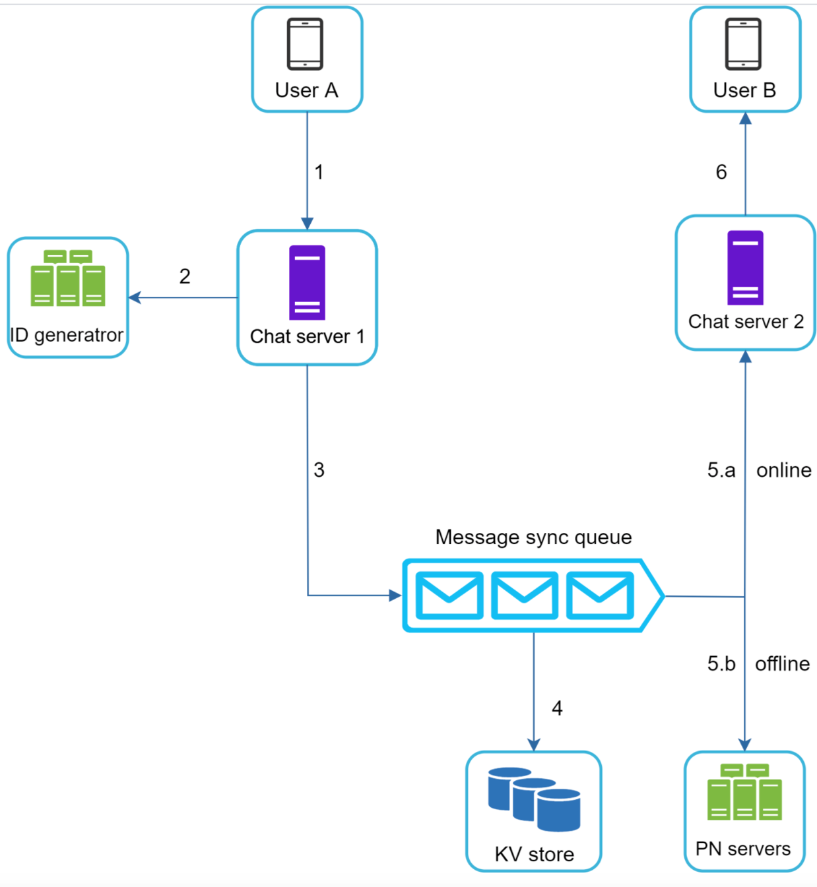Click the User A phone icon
pyautogui.click(x=305, y=44)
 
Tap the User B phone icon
pyautogui.click(x=743, y=44)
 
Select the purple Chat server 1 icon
pyautogui.click(x=307, y=282)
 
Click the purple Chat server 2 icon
pyautogui.click(x=745, y=268)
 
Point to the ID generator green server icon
pyautogui.click(x=68, y=278)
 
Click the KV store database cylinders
pyautogui.click(x=534, y=799)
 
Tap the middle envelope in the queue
pyautogui.click(x=525, y=596)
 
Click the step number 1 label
pyautogui.click(x=319, y=172)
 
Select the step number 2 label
pyautogui.click(x=185, y=276)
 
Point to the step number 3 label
pyautogui.click(x=319, y=470)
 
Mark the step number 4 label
pyautogui.click(x=557, y=708)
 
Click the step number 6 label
pyautogui.click(x=721, y=172)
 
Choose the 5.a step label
pyautogui.click(x=721, y=470)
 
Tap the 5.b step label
pyautogui.click(x=721, y=663)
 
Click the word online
pyautogui.click(x=784, y=470)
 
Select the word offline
pyautogui.click(x=783, y=663)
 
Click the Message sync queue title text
pyautogui.click(x=533, y=537)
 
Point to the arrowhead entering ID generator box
pyautogui.click(x=134, y=297)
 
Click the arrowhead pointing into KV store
pyautogui.click(x=534, y=745)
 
